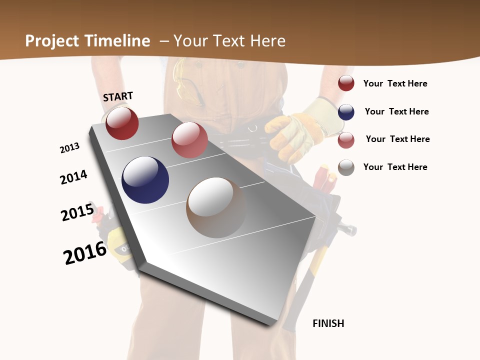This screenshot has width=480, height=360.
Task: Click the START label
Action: (x=118, y=96)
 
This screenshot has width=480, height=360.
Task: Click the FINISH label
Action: (x=328, y=323)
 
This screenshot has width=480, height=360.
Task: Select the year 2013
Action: (x=69, y=148)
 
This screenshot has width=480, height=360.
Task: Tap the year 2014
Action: (x=73, y=177)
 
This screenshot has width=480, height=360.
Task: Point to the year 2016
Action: (x=85, y=253)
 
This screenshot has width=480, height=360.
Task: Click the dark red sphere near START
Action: (x=122, y=123)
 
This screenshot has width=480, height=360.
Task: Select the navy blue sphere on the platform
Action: (x=145, y=180)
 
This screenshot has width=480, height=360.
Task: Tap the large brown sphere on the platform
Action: (x=216, y=207)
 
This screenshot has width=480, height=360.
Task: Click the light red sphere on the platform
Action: (x=189, y=140)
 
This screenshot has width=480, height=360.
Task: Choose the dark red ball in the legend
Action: (x=346, y=83)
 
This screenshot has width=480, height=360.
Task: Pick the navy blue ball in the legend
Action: (x=346, y=112)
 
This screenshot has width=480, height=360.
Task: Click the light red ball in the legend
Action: (x=346, y=140)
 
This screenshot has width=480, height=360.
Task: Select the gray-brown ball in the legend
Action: (x=346, y=167)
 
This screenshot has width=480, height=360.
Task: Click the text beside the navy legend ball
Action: (x=396, y=111)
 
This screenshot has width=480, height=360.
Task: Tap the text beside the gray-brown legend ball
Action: (x=395, y=167)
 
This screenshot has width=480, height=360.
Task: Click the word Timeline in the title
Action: (x=118, y=41)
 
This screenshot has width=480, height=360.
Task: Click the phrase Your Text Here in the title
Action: (x=229, y=41)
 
